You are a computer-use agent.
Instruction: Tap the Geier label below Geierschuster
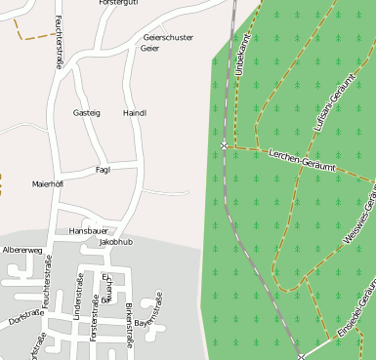pyautogui.click(x=149, y=48)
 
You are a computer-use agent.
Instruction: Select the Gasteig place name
pyautogui.click(x=87, y=113)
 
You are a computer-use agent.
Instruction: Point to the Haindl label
pyautogui.click(x=135, y=113)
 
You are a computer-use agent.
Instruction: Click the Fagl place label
pyautogui.click(x=103, y=169)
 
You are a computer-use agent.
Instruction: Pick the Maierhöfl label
pyautogui.click(x=48, y=183)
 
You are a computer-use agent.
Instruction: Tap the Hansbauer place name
pyautogui.click(x=87, y=230)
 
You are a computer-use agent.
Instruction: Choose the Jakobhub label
pyautogui.click(x=115, y=241)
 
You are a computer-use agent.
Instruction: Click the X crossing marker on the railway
pyautogui.click(x=224, y=144)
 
